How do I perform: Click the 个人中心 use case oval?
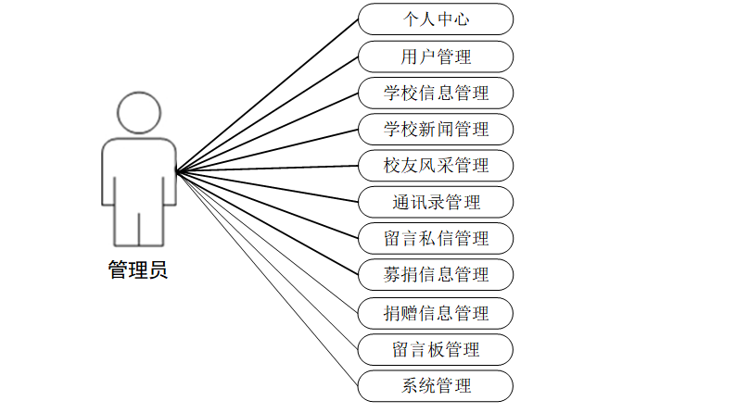click(x=436, y=19)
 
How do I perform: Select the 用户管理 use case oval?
click(x=436, y=56)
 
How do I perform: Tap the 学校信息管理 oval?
click(x=436, y=93)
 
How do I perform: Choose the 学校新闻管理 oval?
click(x=436, y=129)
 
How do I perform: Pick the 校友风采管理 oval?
click(x=436, y=166)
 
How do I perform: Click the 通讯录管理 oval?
click(x=436, y=202)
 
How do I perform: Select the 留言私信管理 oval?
click(x=436, y=238)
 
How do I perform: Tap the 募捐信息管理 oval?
click(x=436, y=274)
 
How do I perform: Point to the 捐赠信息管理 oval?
click(x=436, y=313)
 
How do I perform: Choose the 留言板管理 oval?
click(x=436, y=349)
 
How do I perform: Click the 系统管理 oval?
click(x=436, y=386)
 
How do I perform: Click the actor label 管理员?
click(x=138, y=270)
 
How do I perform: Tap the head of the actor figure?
click(x=139, y=112)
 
